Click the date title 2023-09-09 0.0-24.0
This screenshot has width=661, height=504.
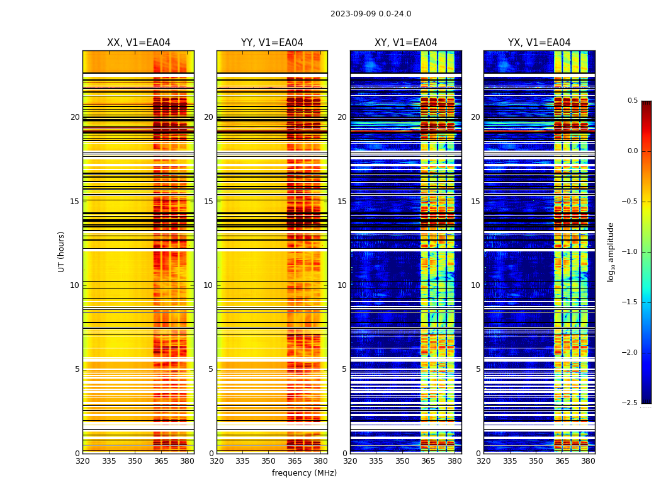pos(371,14)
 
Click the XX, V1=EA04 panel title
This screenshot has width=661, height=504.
pos(138,43)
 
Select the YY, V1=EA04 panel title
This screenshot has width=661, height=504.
pos(272,43)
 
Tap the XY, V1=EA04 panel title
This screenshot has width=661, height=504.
pos(405,43)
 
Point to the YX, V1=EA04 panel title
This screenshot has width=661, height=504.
pos(539,43)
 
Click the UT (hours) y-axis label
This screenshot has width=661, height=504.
pos(61,251)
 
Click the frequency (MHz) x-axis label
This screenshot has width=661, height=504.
pos(304,473)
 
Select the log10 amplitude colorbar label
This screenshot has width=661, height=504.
pos(611,251)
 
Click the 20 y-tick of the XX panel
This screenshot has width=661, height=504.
pos(75,117)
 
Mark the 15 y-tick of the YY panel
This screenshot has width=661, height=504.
pos(209,202)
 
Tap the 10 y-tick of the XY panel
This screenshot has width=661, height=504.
pos(342,285)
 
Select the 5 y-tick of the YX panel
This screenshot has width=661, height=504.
pos(478,369)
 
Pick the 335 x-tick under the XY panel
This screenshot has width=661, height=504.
pos(376,461)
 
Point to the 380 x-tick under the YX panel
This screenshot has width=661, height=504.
pos(588,461)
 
